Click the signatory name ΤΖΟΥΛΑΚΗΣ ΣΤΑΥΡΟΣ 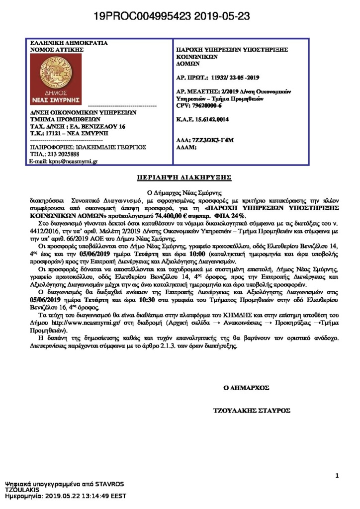coord(251,411)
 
